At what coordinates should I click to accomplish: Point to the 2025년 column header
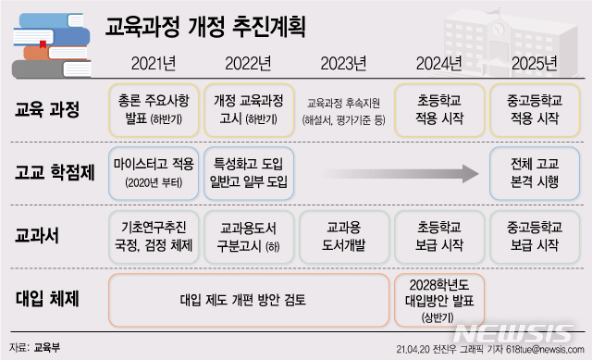534,64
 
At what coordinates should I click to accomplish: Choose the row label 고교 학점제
54,173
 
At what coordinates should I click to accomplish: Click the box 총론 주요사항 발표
151,109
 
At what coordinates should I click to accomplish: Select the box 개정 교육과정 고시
248,109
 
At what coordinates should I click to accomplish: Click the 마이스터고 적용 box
153,172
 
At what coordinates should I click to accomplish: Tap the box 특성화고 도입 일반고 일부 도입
248,172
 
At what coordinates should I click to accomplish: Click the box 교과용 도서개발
343,235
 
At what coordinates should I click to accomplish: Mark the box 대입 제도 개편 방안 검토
248,299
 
